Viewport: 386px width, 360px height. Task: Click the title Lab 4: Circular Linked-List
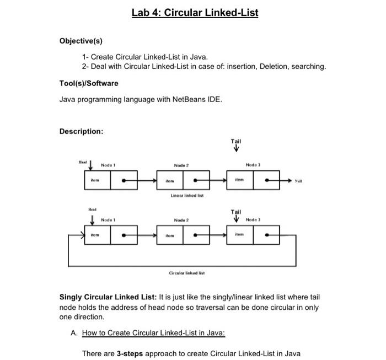[195, 13]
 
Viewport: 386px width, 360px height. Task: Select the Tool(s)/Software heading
[88, 83]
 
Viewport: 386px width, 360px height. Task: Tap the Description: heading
[81, 131]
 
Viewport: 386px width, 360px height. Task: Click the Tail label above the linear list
[236, 142]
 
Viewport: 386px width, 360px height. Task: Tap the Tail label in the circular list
[236, 212]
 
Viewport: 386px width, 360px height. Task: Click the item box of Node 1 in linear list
[96, 180]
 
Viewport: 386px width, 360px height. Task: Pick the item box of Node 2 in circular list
[170, 235]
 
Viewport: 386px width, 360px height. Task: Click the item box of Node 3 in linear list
[239, 180]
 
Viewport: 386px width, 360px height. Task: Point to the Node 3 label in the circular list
[252, 220]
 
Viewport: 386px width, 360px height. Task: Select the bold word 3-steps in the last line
[130, 353]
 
